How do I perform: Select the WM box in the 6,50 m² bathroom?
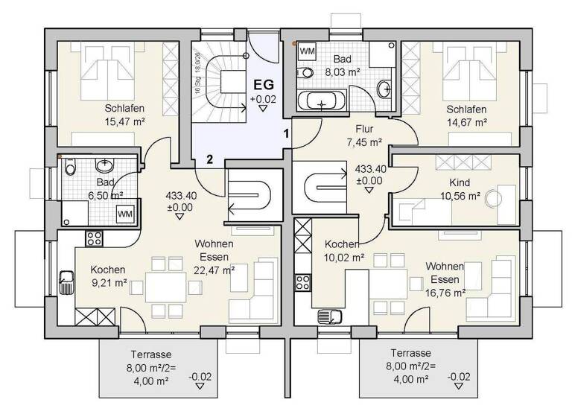(x=124, y=214)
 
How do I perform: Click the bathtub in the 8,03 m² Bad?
(x=321, y=101)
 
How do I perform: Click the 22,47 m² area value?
(x=214, y=270)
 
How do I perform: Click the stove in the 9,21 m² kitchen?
(x=95, y=239)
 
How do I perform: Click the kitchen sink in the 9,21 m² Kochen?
(x=66, y=282)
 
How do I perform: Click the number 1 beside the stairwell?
(x=285, y=134)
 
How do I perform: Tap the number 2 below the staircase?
(x=210, y=158)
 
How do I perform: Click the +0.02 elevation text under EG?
(x=263, y=98)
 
